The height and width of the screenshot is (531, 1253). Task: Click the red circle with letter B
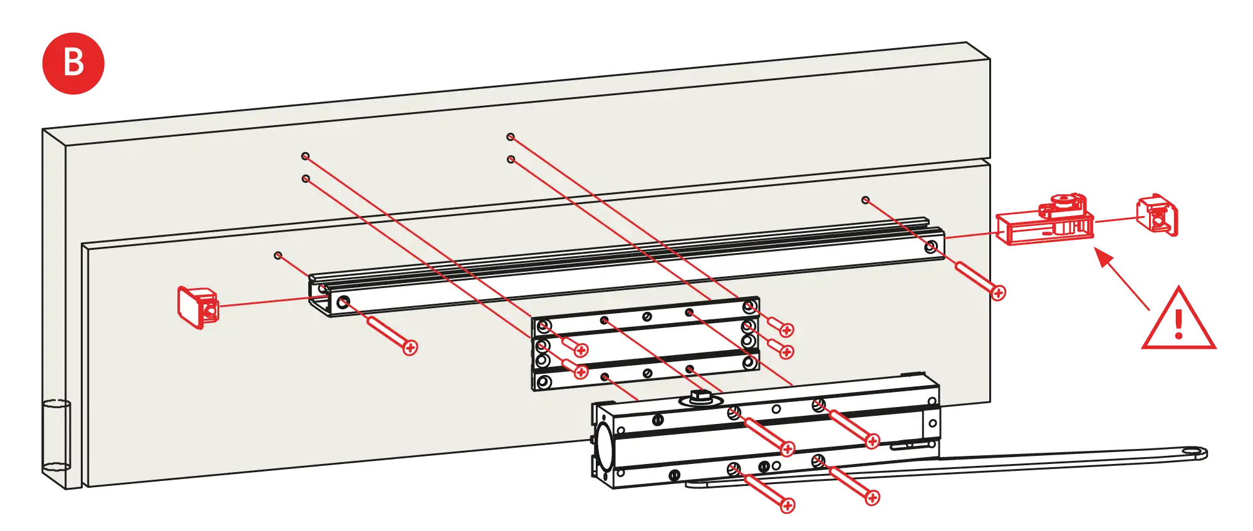pos(73,63)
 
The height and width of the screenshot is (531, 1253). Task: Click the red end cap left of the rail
pos(197,307)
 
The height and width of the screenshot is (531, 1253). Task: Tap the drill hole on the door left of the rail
pos(278,255)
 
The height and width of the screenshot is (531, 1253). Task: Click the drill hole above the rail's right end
pos(865,200)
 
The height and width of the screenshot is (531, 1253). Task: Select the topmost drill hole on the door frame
pos(511,137)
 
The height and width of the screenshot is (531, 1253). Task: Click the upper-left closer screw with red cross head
pos(788,448)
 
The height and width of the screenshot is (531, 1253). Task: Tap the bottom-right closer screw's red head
pos(872,498)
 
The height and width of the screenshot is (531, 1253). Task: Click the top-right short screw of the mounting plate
pos(786,330)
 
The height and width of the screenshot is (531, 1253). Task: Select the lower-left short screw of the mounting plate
pos(581,372)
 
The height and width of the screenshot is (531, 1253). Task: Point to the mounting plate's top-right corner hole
pos(749,307)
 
